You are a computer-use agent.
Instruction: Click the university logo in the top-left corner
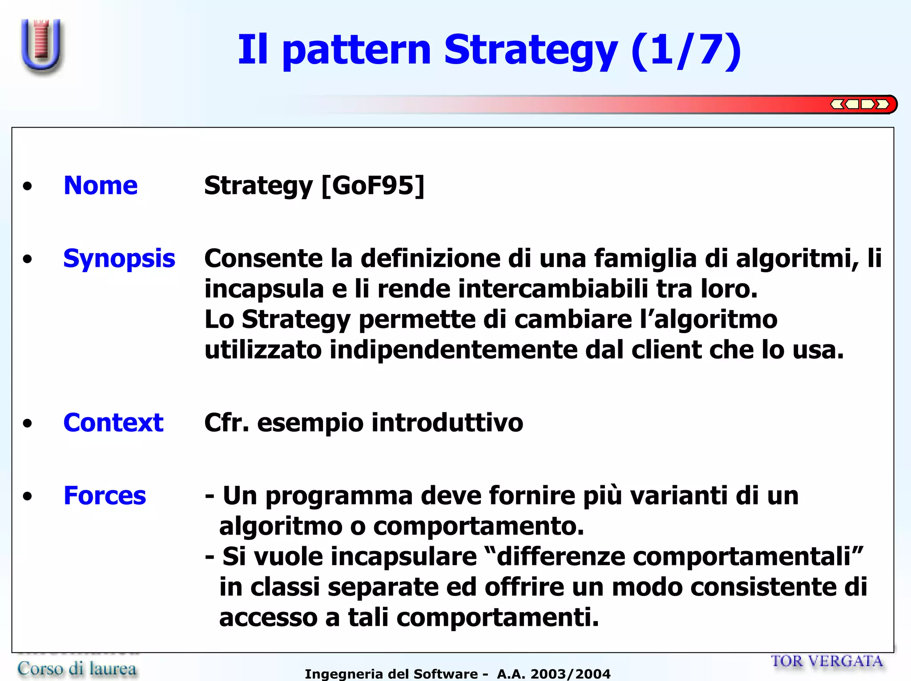click(41, 46)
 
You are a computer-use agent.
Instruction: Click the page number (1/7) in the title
click(686, 50)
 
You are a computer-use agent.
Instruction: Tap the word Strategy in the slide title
click(530, 50)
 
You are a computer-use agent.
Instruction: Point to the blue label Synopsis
click(119, 258)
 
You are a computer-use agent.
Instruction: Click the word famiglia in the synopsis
click(645, 258)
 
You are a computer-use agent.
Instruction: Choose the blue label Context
click(113, 423)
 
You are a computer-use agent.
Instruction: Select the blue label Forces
click(105, 496)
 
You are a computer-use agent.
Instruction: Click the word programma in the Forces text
click(339, 496)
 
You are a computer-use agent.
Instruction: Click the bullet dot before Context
click(28, 423)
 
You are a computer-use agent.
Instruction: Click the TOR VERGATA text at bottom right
click(826, 661)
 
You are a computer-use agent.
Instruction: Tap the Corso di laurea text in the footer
click(77, 669)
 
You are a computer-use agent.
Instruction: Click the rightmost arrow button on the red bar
click(882, 105)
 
